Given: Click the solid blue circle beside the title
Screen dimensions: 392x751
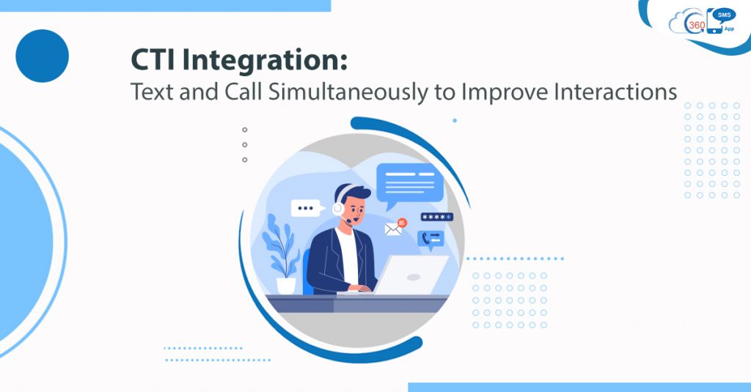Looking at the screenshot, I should pos(42,56).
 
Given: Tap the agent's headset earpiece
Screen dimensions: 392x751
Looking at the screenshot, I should pos(338,208).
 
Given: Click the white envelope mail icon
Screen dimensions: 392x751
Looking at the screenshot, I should pos(394,229).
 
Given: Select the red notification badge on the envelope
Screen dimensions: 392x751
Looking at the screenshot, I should pos(402,222).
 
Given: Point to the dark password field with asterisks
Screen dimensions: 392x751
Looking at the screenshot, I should pos(436,218).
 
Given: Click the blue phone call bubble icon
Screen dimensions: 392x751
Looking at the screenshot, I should pos(430,238).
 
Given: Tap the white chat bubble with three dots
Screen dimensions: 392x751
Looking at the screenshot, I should pos(307,208).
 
